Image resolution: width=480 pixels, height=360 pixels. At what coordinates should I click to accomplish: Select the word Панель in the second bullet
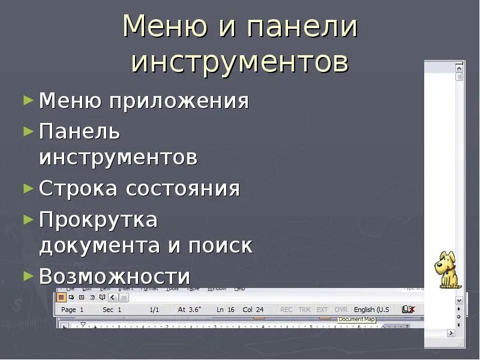click(80, 130)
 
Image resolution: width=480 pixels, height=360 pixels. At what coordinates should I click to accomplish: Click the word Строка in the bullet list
click(79, 188)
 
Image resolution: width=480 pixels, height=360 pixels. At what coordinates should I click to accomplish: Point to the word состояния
click(183, 188)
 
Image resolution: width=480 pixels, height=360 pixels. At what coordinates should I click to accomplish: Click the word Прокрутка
click(98, 220)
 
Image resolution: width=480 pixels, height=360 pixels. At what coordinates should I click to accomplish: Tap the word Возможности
click(115, 277)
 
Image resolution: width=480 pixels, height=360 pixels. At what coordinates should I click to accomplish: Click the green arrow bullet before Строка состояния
click(28, 188)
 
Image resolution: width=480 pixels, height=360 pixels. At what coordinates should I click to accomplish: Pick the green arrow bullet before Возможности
click(28, 275)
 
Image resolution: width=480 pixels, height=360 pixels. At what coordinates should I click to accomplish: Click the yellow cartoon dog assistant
click(448, 270)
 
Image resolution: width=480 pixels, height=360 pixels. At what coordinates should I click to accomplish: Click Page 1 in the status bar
click(73, 310)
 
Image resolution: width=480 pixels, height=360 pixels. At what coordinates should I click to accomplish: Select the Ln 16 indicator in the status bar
click(226, 310)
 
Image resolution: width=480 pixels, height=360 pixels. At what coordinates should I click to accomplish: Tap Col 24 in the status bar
click(253, 310)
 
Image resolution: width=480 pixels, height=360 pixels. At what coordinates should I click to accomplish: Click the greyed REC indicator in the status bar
click(286, 310)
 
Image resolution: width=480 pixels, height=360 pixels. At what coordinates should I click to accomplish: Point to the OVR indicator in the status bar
click(341, 310)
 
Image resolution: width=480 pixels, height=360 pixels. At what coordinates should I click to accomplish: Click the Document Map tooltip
click(356, 320)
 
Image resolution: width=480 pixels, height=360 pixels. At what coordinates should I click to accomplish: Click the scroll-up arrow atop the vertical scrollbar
click(460, 68)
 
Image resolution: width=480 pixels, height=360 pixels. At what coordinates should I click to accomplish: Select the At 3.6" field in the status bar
click(190, 310)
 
